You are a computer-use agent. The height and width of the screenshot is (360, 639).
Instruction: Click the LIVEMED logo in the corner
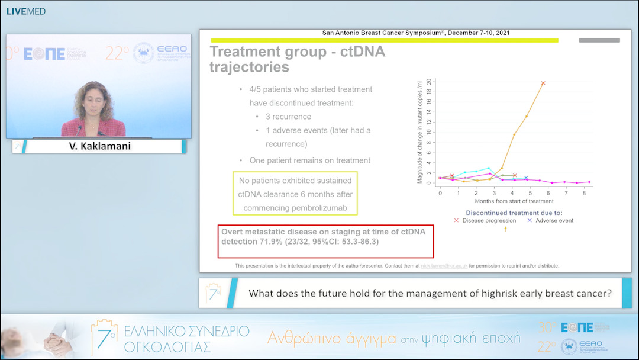25,11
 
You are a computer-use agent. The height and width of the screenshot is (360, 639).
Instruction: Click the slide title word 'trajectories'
249,67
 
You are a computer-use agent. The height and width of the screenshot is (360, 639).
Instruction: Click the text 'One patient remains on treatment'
310,160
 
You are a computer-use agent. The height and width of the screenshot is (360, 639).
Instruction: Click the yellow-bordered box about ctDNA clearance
295,194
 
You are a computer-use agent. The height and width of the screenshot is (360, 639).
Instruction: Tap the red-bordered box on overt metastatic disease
326,241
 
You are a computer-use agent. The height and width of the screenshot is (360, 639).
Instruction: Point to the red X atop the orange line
543,83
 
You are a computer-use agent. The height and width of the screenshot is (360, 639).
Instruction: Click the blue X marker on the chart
525,178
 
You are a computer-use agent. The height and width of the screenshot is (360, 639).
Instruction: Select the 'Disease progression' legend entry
485,220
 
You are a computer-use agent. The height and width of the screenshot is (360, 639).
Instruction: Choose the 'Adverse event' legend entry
550,220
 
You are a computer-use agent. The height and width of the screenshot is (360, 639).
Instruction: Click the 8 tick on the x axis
585,193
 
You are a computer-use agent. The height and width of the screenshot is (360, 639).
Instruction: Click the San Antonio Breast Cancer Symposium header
415,33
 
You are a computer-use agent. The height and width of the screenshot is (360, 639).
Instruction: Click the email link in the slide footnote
444,266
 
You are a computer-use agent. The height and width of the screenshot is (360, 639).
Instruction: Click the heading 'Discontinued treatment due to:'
514,211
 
